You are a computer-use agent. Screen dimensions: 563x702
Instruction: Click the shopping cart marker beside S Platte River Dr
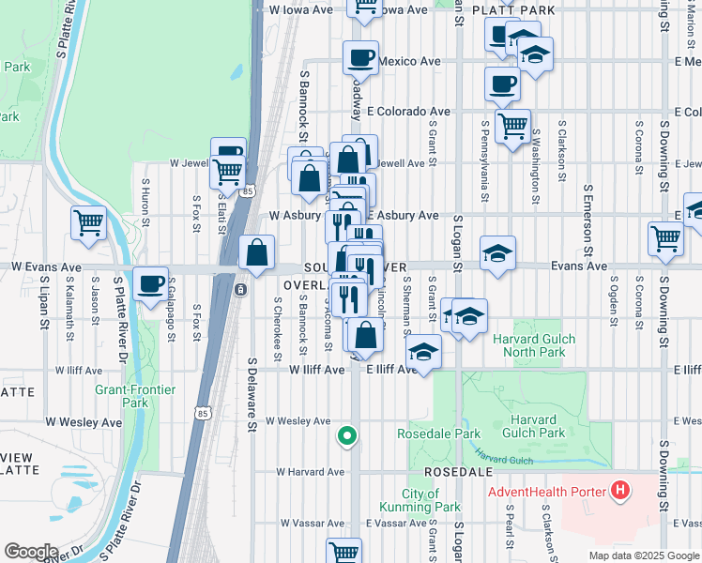[88, 224]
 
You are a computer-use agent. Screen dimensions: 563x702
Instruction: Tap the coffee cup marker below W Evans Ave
[150, 283]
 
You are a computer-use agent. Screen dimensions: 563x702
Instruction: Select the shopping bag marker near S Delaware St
[257, 252]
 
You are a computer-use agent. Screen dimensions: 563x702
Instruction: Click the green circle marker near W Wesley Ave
[347, 435]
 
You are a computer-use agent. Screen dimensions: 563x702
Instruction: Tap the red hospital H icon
[619, 490]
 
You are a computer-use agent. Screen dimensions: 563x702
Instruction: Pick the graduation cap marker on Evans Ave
[497, 253]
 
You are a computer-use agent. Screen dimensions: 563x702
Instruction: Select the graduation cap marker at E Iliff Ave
[424, 353]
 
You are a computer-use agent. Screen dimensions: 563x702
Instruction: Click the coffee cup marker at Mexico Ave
[360, 59]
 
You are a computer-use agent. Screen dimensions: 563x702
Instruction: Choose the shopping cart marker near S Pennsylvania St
[512, 125]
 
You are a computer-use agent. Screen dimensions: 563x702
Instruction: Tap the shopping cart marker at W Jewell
[228, 172]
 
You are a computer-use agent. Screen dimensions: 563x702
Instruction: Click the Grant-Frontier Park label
[122, 396]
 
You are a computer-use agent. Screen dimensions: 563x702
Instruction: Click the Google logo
[30, 552]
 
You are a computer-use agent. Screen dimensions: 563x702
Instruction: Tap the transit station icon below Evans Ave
[241, 290]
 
